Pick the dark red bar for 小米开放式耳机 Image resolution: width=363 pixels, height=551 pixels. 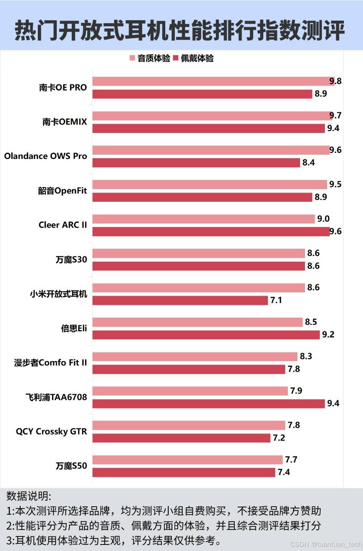point(180,300)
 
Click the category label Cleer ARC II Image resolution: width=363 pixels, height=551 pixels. point(63,225)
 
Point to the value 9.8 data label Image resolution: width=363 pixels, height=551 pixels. point(336,81)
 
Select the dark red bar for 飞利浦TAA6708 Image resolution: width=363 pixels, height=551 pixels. point(208,404)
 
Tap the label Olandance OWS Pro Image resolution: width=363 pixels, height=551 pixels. point(45,156)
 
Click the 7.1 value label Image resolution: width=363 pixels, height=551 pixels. point(276,300)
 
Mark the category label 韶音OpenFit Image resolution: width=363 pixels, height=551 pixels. point(62,191)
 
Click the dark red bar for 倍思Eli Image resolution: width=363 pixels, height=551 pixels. point(206,335)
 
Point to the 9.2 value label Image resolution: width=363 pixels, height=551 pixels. point(328,335)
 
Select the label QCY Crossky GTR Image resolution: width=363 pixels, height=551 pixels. point(51,431)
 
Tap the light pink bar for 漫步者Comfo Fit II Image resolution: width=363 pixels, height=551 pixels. point(195,357)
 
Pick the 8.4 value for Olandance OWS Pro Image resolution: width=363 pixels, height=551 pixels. point(308,163)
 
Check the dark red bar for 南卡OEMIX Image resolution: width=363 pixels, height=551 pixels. point(208,128)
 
